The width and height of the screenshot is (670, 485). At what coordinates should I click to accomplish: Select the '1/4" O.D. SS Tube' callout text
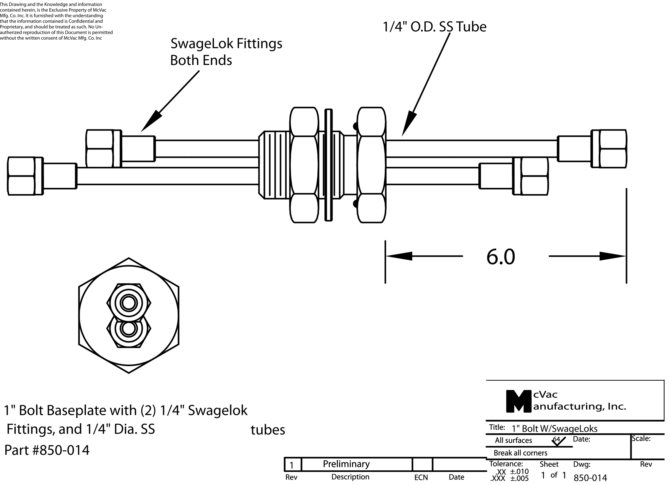pos(434,27)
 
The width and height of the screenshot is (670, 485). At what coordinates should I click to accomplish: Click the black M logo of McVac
pos(518,401)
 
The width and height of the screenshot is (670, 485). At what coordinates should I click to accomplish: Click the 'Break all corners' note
pos(521,453)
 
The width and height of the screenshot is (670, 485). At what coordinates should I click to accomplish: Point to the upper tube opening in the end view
pos(129,303)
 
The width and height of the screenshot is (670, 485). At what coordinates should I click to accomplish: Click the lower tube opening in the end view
pos(129,328)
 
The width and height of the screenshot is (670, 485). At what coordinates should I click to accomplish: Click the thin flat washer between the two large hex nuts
pos(328,165)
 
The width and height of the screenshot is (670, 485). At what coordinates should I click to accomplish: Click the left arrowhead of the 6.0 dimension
pos(399,256)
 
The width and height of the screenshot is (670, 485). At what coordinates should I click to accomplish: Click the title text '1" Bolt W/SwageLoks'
pos(554,428)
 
